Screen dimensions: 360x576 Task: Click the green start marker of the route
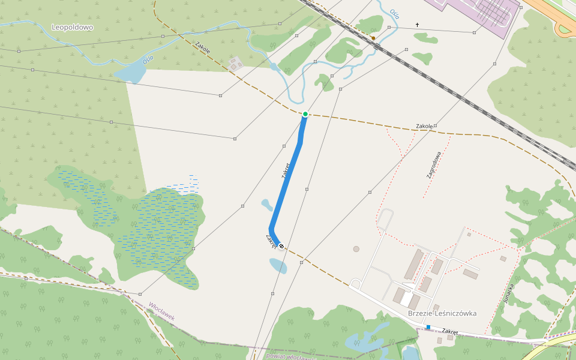tap(305, 114)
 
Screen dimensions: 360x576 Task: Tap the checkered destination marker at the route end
tap(281, 246)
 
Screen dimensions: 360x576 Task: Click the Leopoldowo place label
tap(73, 27)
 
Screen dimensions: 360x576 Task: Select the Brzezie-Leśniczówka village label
tap(442, 313)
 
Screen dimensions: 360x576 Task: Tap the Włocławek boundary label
tap(162, 311)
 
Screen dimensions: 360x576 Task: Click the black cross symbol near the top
tap(417, 25)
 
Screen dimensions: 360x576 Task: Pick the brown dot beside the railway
tap(373, 38)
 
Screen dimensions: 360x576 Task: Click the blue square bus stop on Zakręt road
tap(428, 327)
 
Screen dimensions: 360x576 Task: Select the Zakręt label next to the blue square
tap(450, 331)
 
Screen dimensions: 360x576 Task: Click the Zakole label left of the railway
tap(202, 47)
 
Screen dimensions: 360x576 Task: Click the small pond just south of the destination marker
tap(277, 266)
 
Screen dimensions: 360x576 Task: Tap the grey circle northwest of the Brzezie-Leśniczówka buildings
tap(356, 248)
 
